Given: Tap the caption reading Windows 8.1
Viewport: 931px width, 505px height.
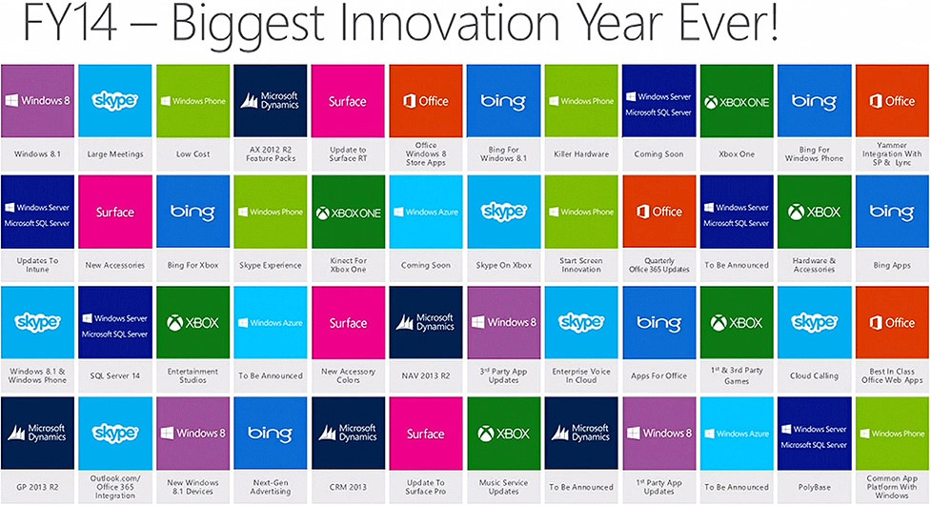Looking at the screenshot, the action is point(37,154).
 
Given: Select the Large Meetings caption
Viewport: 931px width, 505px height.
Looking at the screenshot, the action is point(115,154).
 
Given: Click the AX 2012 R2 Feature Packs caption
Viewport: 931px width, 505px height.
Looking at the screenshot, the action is point(271,154).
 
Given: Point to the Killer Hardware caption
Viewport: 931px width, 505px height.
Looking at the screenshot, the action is point(581,154).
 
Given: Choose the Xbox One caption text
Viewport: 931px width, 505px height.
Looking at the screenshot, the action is point(737,154).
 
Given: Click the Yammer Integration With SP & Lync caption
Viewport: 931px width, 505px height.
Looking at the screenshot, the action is point(892,153).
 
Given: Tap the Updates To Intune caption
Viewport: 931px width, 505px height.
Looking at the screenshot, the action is point(37,265).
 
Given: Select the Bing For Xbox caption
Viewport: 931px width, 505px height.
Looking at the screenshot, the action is point(193,265).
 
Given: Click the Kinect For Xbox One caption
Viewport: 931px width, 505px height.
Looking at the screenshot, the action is point(349,265).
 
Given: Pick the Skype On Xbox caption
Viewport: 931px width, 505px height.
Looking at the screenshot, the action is point(503,265).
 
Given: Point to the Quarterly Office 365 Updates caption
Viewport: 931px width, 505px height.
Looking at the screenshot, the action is point(659,265).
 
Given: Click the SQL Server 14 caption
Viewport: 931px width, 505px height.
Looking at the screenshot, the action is point(115,375).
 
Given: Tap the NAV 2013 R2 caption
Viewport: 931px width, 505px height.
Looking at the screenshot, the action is point(426,375).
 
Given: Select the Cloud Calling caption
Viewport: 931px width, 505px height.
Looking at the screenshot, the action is point(814,375).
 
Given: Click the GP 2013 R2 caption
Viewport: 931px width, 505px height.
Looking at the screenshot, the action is point(37,487).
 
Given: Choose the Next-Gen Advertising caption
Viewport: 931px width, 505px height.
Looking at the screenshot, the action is point(271,487).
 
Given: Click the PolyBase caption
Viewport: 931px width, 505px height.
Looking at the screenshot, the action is point(814,487).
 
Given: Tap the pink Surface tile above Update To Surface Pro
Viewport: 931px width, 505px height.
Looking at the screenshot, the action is point(426,434).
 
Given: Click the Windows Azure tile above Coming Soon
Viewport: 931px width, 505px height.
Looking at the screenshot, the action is point(426,212).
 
